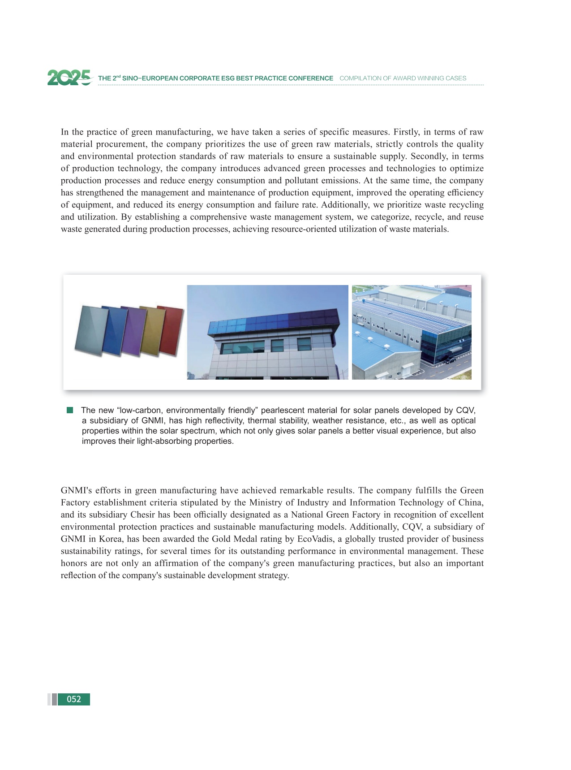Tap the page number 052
[x=74, y=699]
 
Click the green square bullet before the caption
[x=70, y=410]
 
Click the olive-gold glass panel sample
[x=152, y=331]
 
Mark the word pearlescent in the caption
[x=282, y=410]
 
